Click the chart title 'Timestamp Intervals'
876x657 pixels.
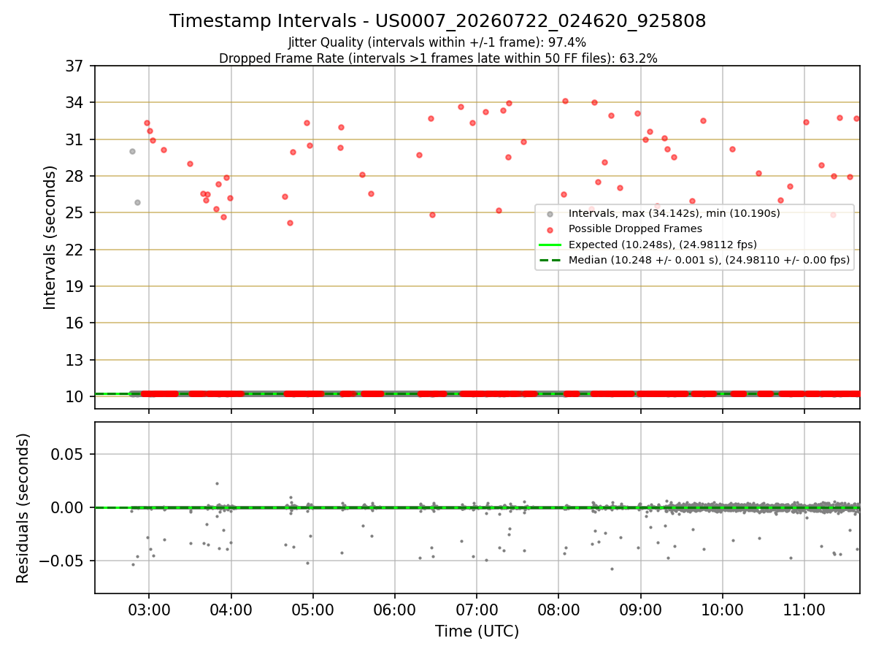click(x=262, y=20)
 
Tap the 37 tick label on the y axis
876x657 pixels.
click(x=74, y=66)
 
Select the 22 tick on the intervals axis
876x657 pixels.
click(x=74, y=250)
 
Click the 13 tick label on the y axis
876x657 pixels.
click(x=74, y=360)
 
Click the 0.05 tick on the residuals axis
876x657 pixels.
click(x=66, y=454)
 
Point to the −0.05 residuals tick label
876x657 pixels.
click(x=61, y=561)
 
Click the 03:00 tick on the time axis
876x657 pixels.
click(x=149, y=610)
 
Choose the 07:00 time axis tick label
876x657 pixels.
click(x=477, y=610)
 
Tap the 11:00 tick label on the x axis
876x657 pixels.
click(x=804, y=610)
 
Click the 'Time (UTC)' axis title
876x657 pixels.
click(x=477, y=631)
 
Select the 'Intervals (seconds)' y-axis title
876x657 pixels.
click(x=50, y=238)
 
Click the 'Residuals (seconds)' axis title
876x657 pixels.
click(x=23, y=508)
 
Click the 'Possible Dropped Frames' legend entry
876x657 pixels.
click(x=635, y=228)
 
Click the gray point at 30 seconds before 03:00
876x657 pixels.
click(x=133, y=152)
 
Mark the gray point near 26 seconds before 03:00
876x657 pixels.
click(x=138, y=203)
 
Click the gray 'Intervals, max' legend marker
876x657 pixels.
click(x=550, y=214)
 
